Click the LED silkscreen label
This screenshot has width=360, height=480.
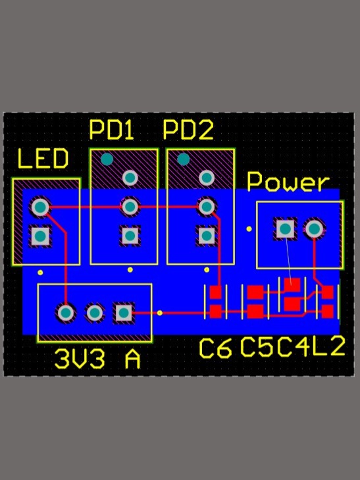point(43,159)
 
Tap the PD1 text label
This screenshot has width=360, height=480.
point(111,130)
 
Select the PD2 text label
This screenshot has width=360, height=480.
point(188,130)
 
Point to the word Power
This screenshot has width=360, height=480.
point(288,182)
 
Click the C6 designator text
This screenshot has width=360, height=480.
point(215,348)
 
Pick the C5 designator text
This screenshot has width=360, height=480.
point(256,348)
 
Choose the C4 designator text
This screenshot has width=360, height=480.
point(294,348)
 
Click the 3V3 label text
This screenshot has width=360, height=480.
point(80,359)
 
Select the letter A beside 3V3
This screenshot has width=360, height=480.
point(133,359)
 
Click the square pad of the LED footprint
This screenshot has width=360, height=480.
point(40,236)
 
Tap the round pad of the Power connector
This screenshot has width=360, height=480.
point(314,228)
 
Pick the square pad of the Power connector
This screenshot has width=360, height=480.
point(286,228)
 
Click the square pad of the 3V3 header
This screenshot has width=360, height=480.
point(124,313)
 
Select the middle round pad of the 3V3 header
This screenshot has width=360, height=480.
point(95,313)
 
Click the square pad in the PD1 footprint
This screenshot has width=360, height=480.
point(130,236)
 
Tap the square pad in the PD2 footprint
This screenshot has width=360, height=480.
point(207,236)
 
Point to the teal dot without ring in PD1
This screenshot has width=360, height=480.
point(107,159)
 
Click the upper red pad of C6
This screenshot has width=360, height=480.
point(215,292)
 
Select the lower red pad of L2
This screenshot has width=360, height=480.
point(327,311)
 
